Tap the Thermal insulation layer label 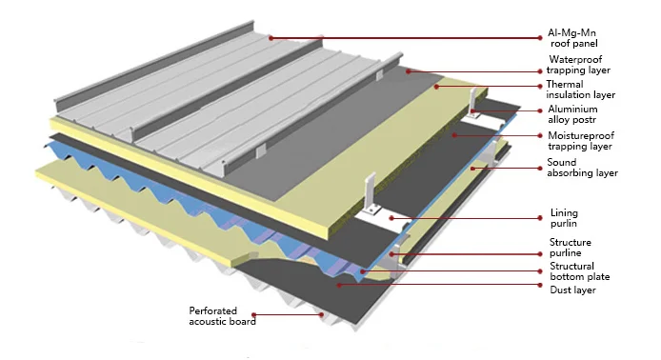[x=580, y=90]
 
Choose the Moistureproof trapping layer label [x=582, y=142]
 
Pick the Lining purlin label [x=565, y=219]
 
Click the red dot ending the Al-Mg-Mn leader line [x=271, y=37]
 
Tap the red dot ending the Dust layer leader [x=336, y=283]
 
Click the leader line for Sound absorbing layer [x=514, y=169]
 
